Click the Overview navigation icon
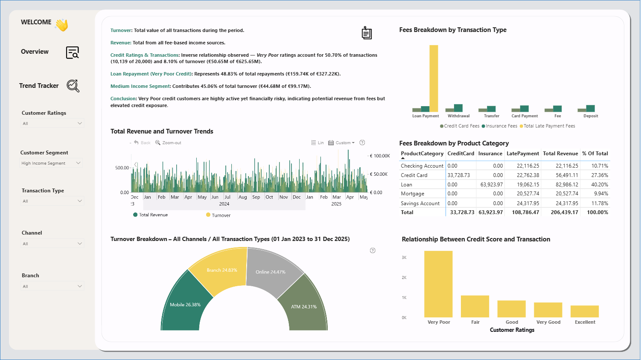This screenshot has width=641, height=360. tap(73, 52)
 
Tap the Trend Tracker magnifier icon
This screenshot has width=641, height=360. tap(73, 86)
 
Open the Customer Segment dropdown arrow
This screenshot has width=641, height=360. tap(78, 163)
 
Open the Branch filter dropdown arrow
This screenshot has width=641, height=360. tap(79, 286)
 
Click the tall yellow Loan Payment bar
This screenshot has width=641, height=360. tap(434, 78)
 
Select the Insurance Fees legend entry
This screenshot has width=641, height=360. tap(499, 126)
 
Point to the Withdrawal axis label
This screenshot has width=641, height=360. tap(458, 116)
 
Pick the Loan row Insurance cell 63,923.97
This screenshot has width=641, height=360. tap(491, 184)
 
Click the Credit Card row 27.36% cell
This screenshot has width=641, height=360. tap(600, 175)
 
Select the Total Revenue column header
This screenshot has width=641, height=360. tap(560, 154)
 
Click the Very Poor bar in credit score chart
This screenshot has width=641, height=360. tap(438, 284)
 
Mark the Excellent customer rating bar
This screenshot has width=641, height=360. tap(584, 311)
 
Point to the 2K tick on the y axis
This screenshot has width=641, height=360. tap(404, 277)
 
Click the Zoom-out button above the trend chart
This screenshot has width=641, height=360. tap(168, 143)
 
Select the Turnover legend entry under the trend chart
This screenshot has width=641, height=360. tap(218, 215)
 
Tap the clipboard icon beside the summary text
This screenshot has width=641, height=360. tap(367, 32)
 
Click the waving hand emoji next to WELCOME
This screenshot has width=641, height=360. tap(62, 25)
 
